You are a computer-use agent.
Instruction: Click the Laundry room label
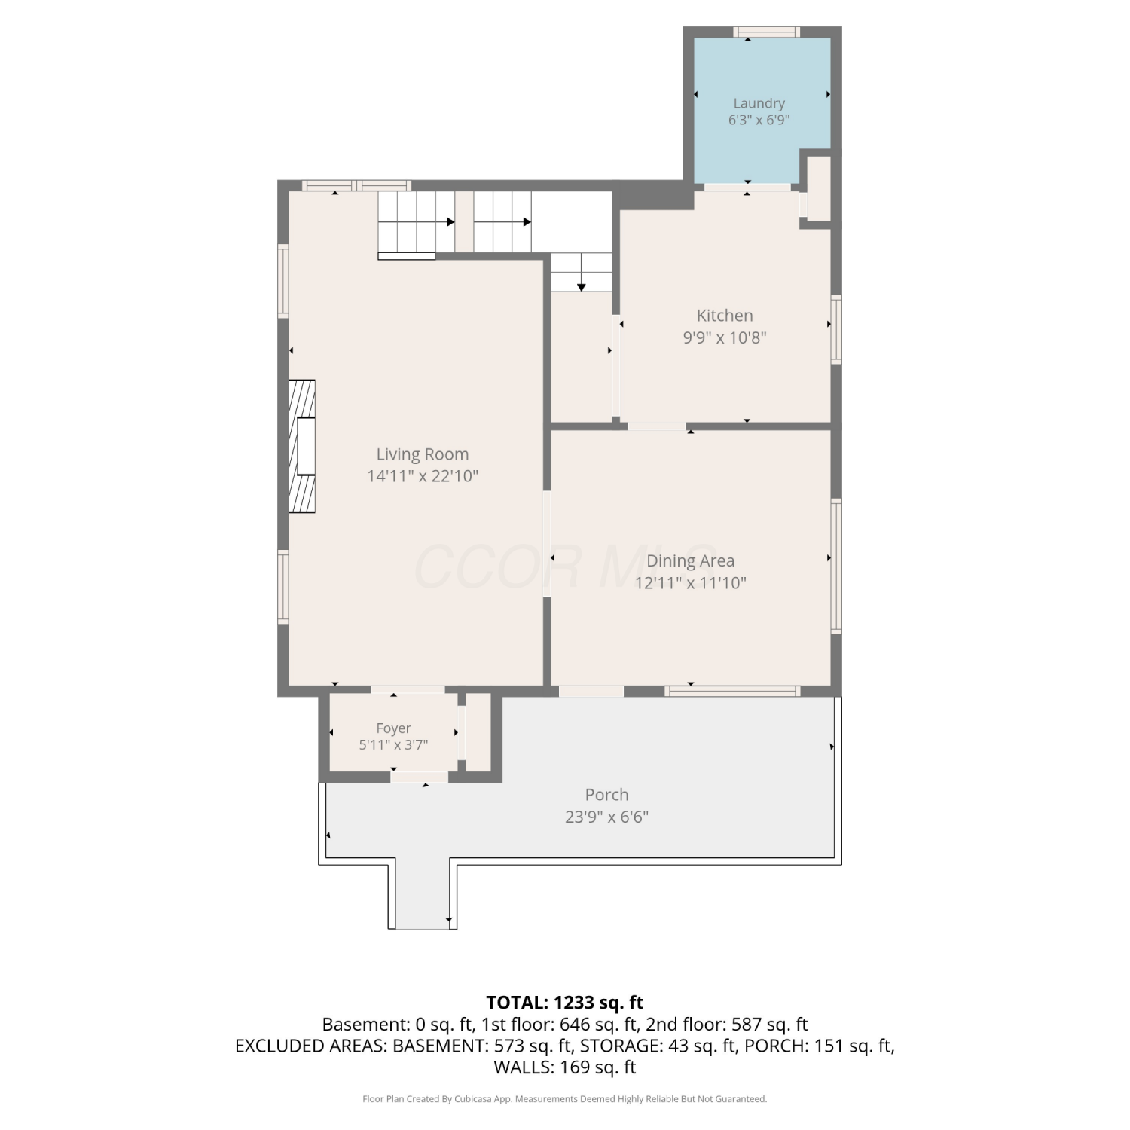(759, 103)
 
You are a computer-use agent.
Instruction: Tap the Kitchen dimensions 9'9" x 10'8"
(725, 337)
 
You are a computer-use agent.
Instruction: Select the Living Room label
(423, 454)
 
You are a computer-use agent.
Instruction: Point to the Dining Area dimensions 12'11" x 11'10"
(690, 582)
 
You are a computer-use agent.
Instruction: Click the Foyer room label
(393, 728)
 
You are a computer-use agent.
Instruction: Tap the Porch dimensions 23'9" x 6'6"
(606, 817)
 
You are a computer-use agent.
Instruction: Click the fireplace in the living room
(302, 447)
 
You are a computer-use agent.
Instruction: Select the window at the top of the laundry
(766, 32)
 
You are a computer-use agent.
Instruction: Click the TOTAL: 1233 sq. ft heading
(565, 1003)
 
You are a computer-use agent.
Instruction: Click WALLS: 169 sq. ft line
(565, 1067)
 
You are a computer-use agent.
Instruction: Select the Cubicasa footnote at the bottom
(565, 1099)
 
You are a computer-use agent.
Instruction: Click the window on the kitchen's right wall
(836, 330)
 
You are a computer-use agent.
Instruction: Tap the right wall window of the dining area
(836, 566)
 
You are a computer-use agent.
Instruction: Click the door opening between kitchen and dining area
(657, 426)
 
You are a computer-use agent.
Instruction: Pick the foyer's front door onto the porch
(419, 777)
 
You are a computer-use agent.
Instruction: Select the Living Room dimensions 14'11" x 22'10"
(423, 476)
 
